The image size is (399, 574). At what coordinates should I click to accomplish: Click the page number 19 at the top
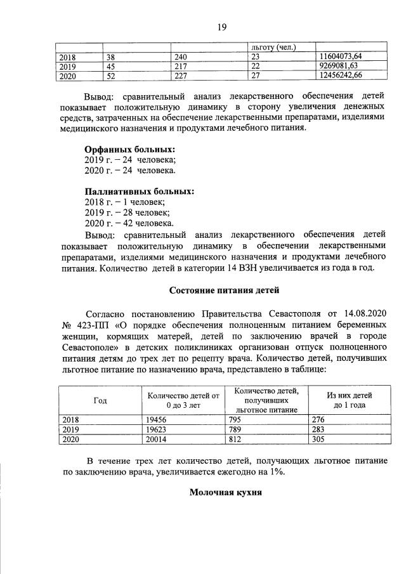point(221,26)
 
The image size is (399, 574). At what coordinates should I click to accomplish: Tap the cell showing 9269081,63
point(339,66)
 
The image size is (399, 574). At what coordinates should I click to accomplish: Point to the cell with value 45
point(114,66)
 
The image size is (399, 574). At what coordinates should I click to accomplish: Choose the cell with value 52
point(114,75)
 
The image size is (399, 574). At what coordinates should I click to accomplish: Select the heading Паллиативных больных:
point(140,191)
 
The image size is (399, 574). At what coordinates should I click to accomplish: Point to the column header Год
point(100,400)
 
